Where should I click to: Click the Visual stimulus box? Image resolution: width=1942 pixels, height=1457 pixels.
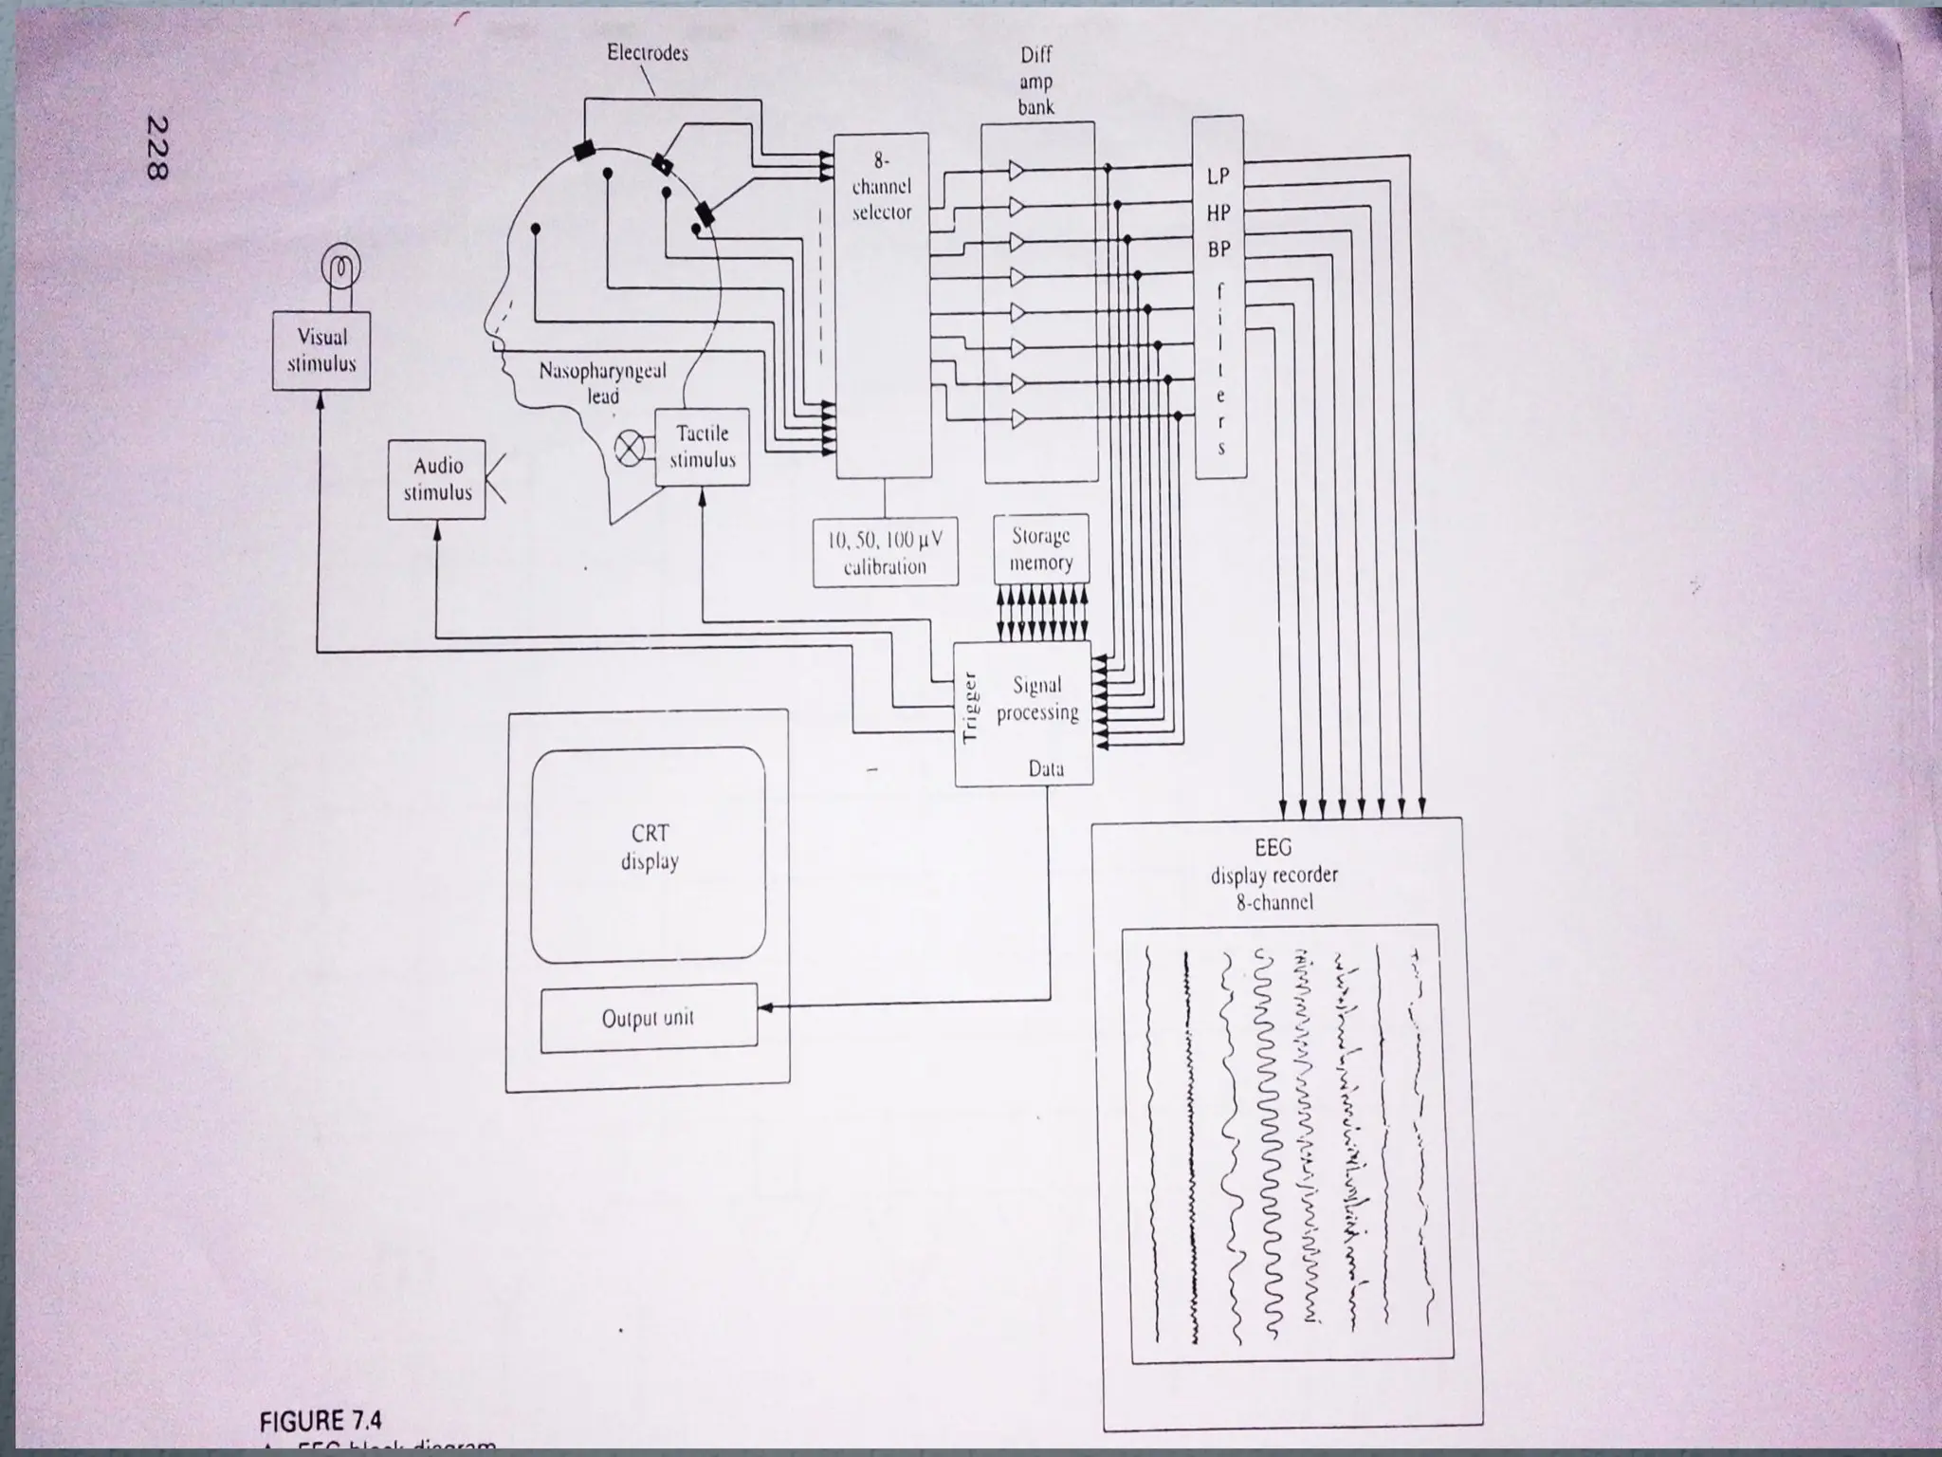(x=321, y=350)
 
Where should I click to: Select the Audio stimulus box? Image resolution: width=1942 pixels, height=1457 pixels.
(x=437, y=479)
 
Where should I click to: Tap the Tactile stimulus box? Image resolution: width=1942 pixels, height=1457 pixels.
(x=703, y=447)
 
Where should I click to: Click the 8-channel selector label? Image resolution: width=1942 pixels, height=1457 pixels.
(x=881, y=187)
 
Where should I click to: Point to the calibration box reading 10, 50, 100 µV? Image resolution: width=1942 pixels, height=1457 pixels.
(x=885, y=553)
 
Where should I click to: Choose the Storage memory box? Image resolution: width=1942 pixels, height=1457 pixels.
(x=1040, y=549)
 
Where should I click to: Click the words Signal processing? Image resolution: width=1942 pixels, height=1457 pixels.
(x=1037, y=698)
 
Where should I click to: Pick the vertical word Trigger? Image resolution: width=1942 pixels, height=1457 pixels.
(x=969, y=707)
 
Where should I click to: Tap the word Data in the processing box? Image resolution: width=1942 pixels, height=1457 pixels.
(x=1046, y=769)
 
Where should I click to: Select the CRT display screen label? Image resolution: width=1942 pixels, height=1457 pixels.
(x=650, y=847)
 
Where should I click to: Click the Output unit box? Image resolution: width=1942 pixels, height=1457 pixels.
(x=649, y=1019)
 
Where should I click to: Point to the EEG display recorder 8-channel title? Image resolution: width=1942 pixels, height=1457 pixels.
(x=1273, y=875)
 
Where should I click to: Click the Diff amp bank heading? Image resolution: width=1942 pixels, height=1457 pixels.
(x=1036, y=82)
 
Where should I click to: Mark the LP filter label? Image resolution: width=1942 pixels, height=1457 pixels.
(x=1218, y=176)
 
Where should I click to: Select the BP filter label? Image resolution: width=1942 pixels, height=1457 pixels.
(x=1218, y=249)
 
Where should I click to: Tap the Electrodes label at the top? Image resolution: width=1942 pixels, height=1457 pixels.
(x=648, y=53)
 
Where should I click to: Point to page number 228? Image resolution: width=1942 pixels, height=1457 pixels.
(x=157, y=147)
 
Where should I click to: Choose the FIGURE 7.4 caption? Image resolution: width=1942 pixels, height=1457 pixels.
(x=321, y=1420)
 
